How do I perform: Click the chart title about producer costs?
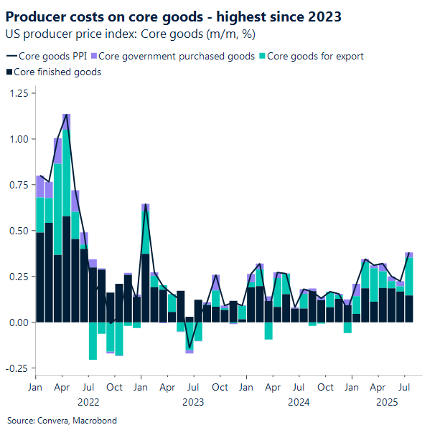(173, 16)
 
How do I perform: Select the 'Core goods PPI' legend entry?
(50, 56)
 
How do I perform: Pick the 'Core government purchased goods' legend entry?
(176, 56)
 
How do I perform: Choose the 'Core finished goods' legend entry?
(57, 72)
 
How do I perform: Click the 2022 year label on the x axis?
(88, 402)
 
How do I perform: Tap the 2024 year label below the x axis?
(299, 402)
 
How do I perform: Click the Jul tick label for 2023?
(193, 388)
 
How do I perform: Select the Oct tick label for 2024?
(325, 388)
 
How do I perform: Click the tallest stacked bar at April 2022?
(67, 215)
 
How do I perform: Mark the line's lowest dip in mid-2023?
(190, 348)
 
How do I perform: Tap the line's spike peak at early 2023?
(146, 205)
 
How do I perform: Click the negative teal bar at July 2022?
(93, 340)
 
